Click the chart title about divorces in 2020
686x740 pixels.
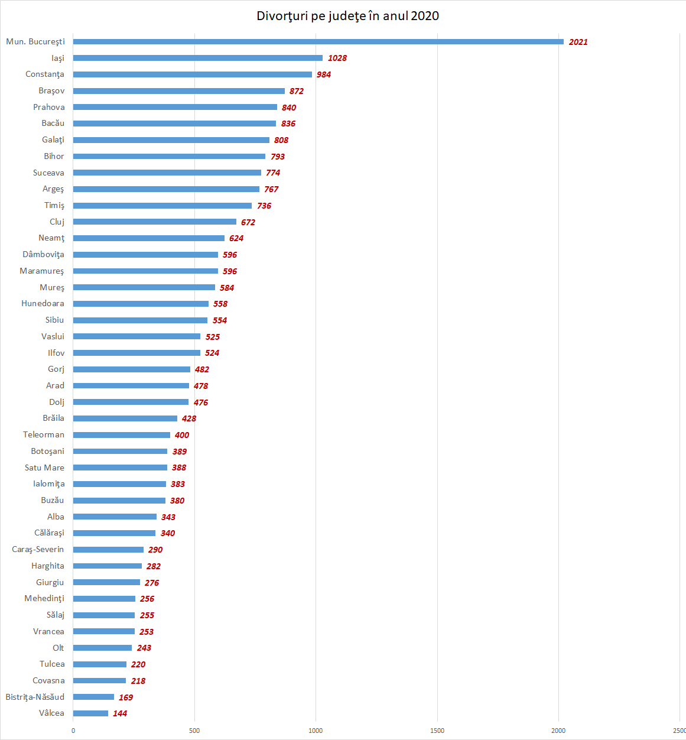(x=347, y=16)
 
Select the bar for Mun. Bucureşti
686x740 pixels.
(x=318, y=42)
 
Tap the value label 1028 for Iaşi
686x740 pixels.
(x=337, y=58)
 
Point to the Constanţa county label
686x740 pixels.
(x=45, y=74)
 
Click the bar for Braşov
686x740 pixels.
(x=178, y=91)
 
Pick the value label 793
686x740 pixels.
(x=278, y=157)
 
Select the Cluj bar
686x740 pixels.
(x=154, y=222)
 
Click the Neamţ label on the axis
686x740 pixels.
(x=51, y=238)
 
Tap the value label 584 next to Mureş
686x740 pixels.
(x=227, y=288)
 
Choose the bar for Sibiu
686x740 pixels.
(x=140, y=320)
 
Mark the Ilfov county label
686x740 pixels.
(x=56, y=353)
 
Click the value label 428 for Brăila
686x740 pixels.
(x=189, y=418)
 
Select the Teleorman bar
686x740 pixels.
(x=121, y=435)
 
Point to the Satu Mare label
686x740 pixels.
(x=44, y=468)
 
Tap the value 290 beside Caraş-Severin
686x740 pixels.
(x=155, y=550)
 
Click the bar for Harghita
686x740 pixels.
(x=107, y=566)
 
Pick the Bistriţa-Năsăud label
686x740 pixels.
(x=35, y=697)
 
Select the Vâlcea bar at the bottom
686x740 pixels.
(x=90, y=713)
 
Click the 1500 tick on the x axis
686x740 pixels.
(x=437, y=731)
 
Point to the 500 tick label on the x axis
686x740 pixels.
(x=194, y=731)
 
